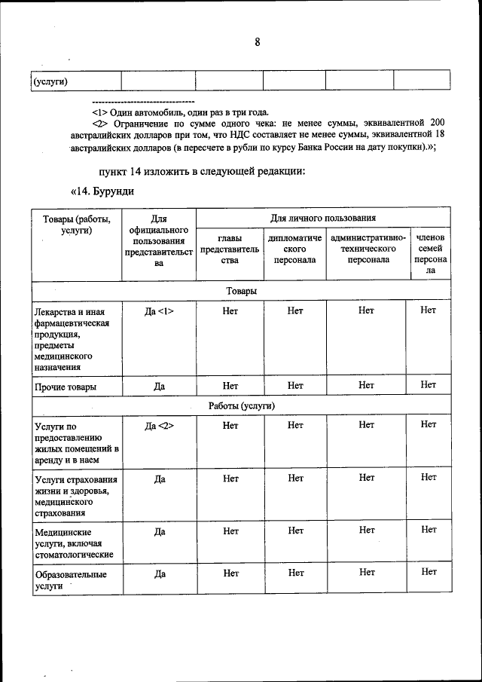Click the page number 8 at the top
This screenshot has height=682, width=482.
[x=257, y=42]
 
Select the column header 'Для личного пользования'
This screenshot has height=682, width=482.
[x=323, y=218]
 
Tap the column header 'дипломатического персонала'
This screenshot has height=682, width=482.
[x=294, y=249]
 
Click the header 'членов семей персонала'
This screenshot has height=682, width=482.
[x=429, y=253]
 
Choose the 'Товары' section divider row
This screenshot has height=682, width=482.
[x=241, y=291]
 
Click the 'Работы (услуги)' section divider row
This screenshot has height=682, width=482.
[x=241, y=405]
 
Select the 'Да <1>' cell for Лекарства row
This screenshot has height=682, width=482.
[x=159, y=310]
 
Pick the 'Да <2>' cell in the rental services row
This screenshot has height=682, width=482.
[x=159, y=426]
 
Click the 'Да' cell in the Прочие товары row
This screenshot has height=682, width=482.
[x=159, y=386]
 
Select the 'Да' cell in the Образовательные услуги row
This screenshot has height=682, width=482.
[x=159, y=573]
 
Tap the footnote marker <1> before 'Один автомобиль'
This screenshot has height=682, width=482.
[x=100, y=112]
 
